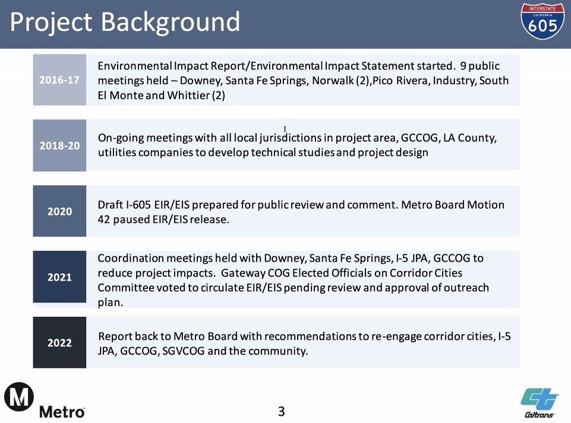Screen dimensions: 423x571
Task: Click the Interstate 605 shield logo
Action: coord(542,22)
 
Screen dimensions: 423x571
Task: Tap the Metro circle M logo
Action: coord(19,397)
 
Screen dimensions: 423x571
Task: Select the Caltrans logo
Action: coord(540,403)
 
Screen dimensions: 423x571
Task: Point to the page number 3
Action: coord(282,411)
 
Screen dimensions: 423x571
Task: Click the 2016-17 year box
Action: coord(59,80)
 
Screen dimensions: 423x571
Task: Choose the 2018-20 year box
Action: coord(59,145)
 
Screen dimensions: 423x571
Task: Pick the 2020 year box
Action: coord(59,211)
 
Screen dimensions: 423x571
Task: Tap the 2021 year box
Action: coord(59,277)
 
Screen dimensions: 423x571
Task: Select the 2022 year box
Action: coord(59,342)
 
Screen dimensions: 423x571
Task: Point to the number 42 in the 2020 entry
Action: coord(104,220)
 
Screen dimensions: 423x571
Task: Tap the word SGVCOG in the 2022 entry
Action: coord(183,351)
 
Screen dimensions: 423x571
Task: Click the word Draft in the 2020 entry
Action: coord(110,205)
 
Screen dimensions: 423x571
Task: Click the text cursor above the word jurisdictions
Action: coord(285,129)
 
